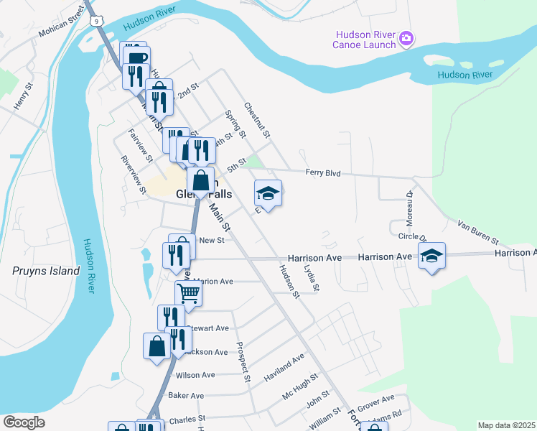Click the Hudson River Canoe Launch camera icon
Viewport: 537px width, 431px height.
pos(406,38)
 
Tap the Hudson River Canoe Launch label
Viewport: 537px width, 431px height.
pos(364,40)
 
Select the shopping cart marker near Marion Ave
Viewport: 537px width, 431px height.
pos(188,292)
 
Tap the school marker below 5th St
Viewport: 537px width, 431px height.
pos(268,193)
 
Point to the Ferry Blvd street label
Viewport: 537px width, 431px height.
pos(322,173)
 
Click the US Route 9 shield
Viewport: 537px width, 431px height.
pos(95,22)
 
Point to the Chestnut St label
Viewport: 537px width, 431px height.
pos(256,120)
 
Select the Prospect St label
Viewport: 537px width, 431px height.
pos(243,361)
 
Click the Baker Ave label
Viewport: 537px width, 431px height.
pos(186,396)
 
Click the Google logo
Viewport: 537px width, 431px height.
pos(24,422)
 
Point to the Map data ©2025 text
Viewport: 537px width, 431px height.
pos(505,425)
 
